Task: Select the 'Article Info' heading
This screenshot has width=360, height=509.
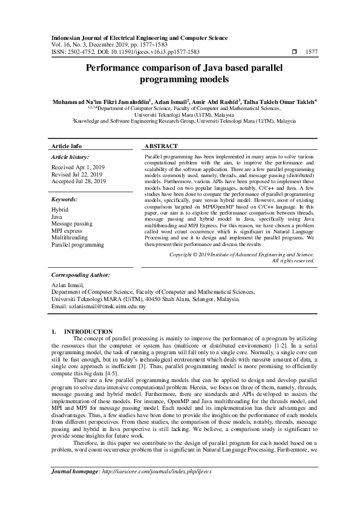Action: point(67,146)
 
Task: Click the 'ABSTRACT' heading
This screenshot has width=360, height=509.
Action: point(162,146)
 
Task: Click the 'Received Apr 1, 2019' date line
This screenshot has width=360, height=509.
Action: point(79,167)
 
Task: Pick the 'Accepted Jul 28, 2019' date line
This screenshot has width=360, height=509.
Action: point(79,181)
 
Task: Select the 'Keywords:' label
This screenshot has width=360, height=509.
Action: point(65,199)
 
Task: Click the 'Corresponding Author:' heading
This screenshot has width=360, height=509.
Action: point(81,274)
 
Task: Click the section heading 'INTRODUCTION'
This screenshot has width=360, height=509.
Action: point(88,332)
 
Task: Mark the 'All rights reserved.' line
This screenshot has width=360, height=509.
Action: point(293,261)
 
